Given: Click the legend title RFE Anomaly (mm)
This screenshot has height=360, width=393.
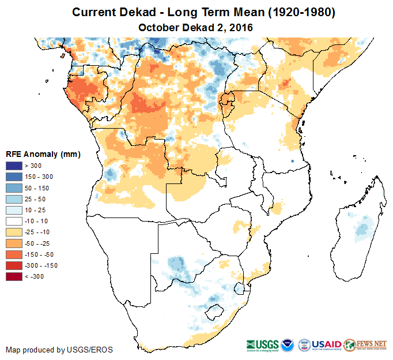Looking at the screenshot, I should coord(43,154).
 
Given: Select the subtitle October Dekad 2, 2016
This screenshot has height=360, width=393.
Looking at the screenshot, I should coord(196,27).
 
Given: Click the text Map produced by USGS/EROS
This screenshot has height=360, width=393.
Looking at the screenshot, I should coord(59,350).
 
